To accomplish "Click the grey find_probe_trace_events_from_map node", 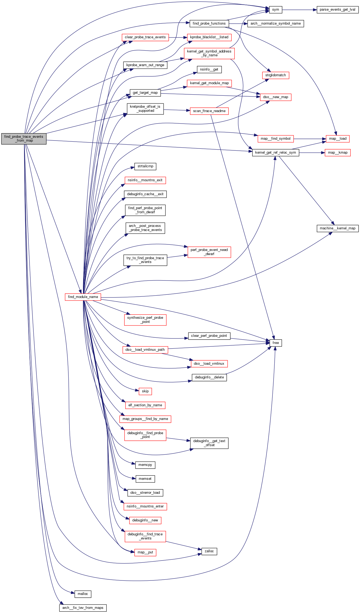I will click(24, 139).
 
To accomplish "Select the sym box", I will click(275, 10).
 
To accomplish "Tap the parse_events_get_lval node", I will click(337, 10).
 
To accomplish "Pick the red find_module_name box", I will click(83, 297).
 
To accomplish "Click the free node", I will click(275, 343).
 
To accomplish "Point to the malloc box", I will click(83, 594).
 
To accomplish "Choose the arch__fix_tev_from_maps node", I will click(83, 608).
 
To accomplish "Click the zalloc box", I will click(209, 551).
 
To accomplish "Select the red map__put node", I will click(145, 552).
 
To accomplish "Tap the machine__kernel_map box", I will click(337, 228).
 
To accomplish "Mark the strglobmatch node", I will click(275, 75).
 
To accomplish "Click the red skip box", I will click(145, 391).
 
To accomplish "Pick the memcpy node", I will click(145, 465).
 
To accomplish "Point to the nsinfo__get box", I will click(209, 69).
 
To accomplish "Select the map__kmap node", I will click(338, 153).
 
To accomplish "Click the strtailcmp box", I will click(145, 166).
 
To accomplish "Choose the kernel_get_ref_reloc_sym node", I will click(275, 153).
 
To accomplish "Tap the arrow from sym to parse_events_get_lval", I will click(299, 10).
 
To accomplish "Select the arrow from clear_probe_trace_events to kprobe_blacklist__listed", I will click(178, 37).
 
